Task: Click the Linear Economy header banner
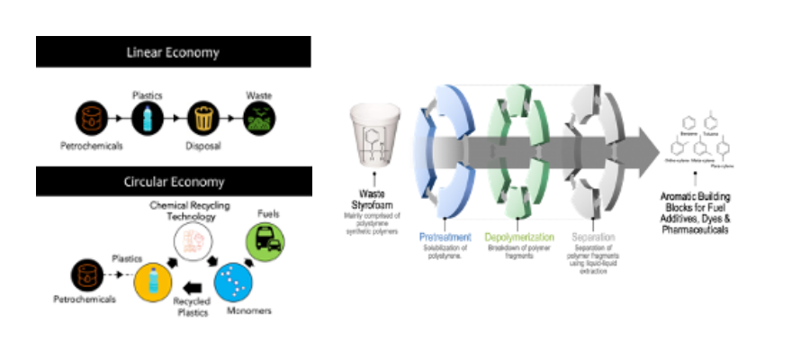coord(173,51)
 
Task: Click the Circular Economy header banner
coord(173,182)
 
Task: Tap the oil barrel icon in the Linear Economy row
coord(92,117)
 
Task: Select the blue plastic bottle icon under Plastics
coord(148,117)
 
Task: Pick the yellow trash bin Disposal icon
coord(203,117)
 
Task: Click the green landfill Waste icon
coord(261,117)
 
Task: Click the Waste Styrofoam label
coord(374,198)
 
